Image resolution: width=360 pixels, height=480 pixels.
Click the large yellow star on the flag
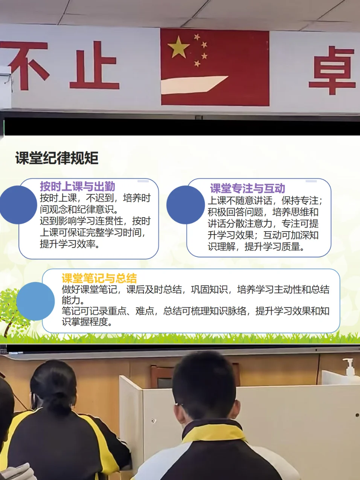point(178,47)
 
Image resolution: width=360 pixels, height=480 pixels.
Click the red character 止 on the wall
point(95,65)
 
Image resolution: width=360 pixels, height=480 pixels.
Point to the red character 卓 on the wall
point(333,70)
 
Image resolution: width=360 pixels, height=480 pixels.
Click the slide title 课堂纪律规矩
point(57,158)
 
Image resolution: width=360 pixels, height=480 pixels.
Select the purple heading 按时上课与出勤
point(78,186)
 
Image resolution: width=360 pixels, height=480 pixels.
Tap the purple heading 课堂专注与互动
point(247,188)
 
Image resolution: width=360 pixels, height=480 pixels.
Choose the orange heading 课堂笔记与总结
point(99,278)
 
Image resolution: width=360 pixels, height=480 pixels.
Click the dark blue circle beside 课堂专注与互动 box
point(186,205)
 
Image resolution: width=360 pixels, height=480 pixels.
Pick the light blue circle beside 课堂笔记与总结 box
point(35,301)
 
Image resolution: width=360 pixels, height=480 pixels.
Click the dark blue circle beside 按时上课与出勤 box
point(18,205)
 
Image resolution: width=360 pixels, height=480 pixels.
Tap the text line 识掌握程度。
point(87,322)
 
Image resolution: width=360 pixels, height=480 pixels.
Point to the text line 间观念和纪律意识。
point(79,209)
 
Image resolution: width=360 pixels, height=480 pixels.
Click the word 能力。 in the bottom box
point(73,300)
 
